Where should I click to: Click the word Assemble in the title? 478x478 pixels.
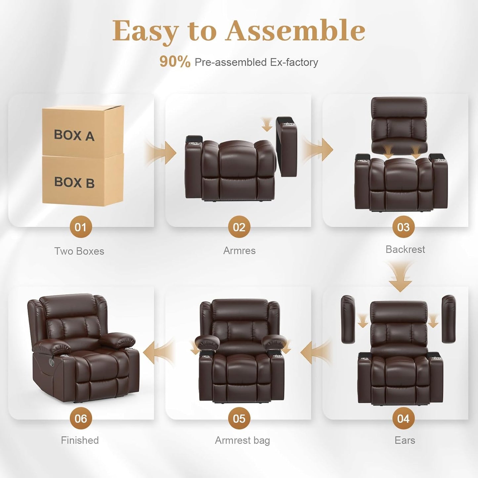pyautogui.click(x=295, y=31)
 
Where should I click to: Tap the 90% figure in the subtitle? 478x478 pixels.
pyautogui.click(x=175, y=62)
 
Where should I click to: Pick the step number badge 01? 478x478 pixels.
pyautogui.click(x=80, y=227)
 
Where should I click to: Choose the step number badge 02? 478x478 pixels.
pyautogui.click(x=239, y=227)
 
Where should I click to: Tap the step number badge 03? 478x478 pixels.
pyautogui.click(x=403, y=227)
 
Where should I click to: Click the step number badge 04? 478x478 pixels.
pyautogui.click(x=403, y=418)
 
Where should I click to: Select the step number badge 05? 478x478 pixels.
pyautogui.click(x=239, y=418)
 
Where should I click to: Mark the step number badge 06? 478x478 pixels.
pyautogui.click(x=80, y=418)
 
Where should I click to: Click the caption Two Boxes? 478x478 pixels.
pyautogui.click(x=79, y=251)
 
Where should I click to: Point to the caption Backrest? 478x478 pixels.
pyautogui.click(x=405, y=249)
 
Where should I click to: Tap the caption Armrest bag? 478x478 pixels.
pyautogui.click(x=242, y=440)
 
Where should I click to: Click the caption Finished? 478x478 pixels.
pyautogui.click(x=80, y=440)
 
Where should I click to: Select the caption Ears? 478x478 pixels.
pyautogui.click(x=405, y=440)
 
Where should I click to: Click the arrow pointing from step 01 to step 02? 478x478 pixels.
pyautogui.click(x=161, y=152)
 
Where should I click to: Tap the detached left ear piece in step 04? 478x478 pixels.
pyautogui.click(x=348, y=319)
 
